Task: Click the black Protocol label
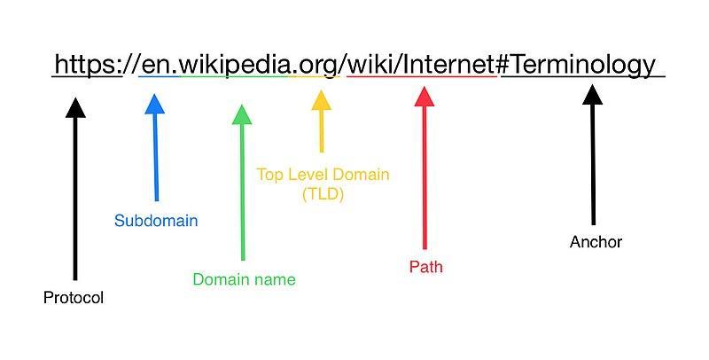(74, 298)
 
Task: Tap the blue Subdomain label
(156, 221)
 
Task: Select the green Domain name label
(244, 279)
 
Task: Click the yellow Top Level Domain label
(323, 174)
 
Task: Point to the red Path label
(425, 266)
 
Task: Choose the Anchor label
(596, 241)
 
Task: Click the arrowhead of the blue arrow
(154, 105)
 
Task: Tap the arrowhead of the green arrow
(241, 114)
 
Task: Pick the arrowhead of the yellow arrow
(321, 98)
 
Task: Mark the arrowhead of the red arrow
(425, 96)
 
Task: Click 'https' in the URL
(86, 64)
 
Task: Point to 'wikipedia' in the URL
(233, 64)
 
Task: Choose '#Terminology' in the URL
(579, 64)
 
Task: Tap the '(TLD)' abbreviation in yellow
(323, 193)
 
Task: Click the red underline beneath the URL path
(421, 76)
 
